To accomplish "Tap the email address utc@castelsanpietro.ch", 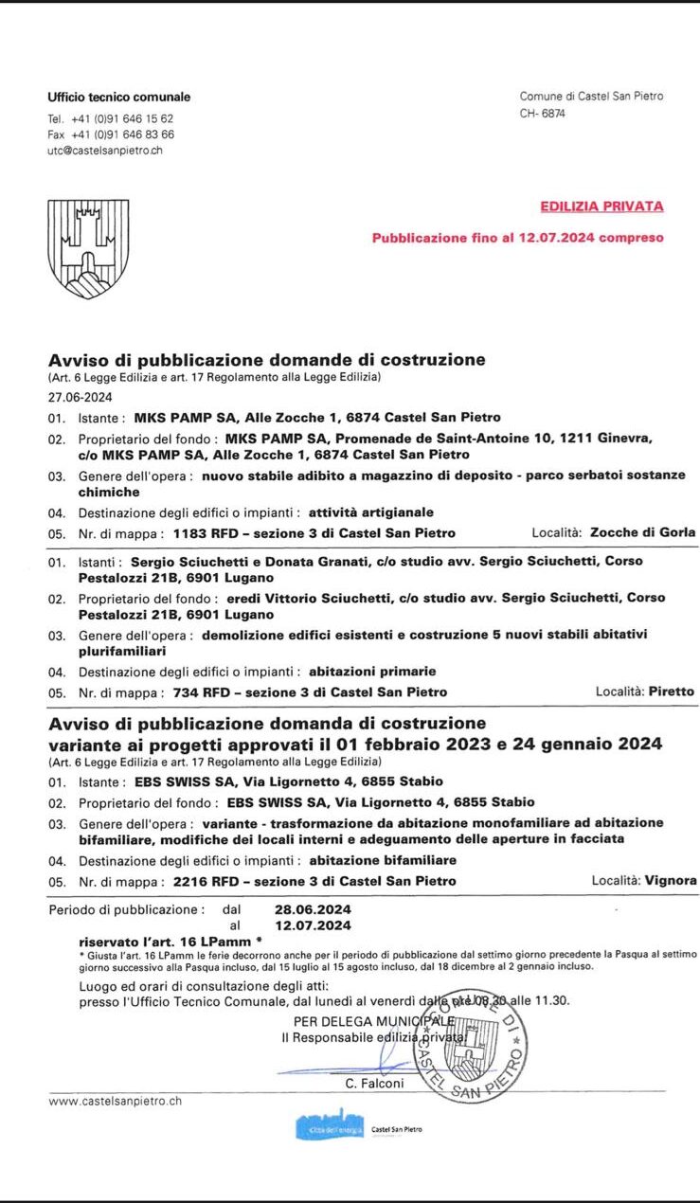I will [105, 151].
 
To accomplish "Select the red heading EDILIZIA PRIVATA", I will [601, 206].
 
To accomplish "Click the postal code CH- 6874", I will [543, 113].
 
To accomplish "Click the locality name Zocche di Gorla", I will [642, 532].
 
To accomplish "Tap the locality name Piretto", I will [672, 691].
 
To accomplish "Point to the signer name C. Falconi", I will [373, 1084].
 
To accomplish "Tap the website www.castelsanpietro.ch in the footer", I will [115, 1101].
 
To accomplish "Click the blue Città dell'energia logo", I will [329, 1128].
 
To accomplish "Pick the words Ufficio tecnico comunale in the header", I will [118, 97].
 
